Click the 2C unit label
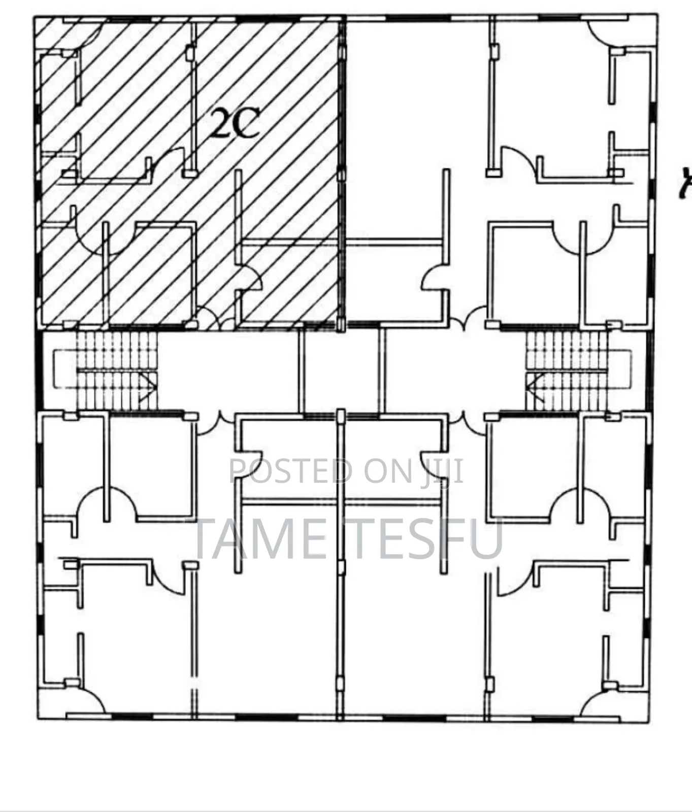[x=235, y=123]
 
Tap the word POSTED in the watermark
[x=291, y=471]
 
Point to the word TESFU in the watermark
[x=424, y=539]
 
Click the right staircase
[x=567, y=371]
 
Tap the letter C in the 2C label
[x=246, y=124]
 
